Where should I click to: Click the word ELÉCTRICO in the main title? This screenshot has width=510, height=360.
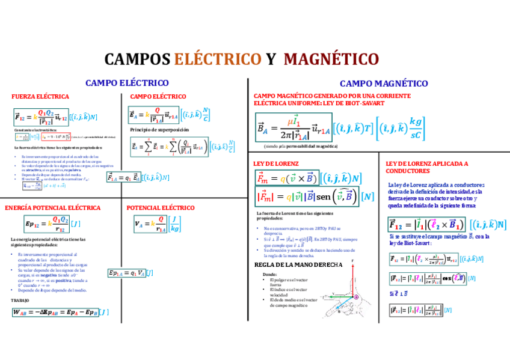217,59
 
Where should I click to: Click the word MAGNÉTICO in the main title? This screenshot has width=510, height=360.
331,59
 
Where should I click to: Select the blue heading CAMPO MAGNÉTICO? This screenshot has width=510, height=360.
384,84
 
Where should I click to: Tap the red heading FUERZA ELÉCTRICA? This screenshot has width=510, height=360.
40,96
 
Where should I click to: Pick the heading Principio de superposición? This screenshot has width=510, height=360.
159,130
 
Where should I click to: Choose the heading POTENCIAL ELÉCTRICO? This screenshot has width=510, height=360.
161,208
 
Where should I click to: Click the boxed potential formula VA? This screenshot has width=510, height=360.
150,224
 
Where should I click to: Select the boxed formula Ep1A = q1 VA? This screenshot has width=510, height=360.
126,273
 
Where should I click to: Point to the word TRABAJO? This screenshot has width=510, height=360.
20,300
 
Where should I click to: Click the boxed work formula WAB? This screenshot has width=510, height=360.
55,312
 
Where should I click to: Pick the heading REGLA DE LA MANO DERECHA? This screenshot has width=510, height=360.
298,264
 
